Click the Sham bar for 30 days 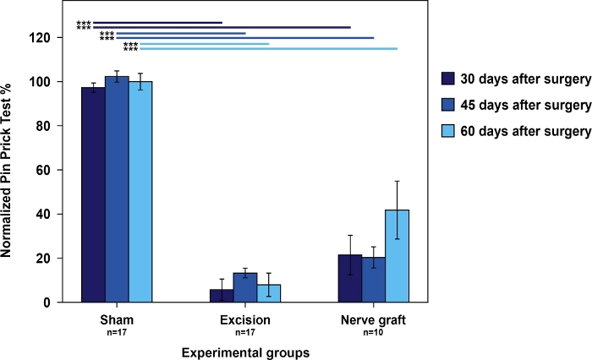pos(93,194)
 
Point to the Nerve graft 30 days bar pos(350,279)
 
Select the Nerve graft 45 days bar pos(373,280)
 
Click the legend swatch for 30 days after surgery pos(449,79)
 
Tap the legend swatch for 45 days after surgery pos(449,106)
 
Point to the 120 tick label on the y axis pos(45,38)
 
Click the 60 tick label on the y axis pos(48,170)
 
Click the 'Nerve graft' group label pos(373,320)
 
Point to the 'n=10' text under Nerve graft pos(373,333)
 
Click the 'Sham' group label pos(117,320)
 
